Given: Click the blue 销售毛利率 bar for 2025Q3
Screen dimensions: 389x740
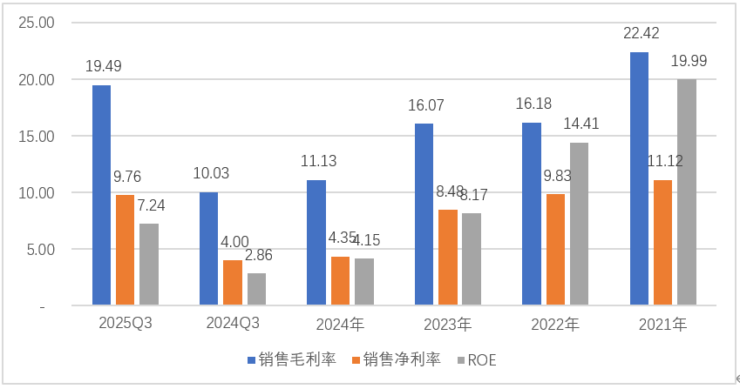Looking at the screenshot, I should click(x=102, y=196).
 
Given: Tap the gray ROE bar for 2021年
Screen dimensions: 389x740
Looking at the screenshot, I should click(x=687, y=192).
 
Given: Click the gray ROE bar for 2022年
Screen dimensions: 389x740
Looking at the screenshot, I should click(x=579, y=224).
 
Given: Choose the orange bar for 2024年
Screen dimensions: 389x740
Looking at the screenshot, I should click(x=340, y=281).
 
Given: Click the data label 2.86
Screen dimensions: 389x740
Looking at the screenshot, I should click(x=256, y=255).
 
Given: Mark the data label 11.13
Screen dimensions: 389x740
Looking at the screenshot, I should click(x=317, y=161).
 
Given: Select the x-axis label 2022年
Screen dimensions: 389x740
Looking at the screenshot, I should click(x=554, y=325).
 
